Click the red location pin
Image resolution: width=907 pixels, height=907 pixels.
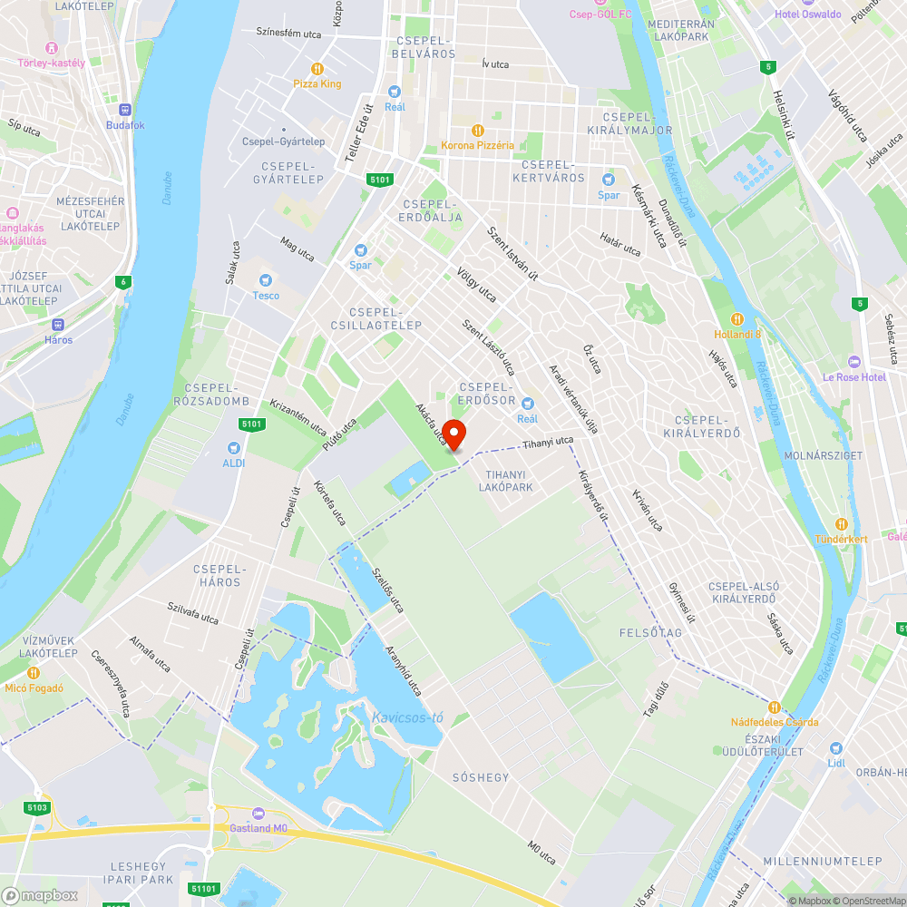[x=453, y=434]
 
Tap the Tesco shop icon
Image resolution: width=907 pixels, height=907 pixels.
[x=266, y=280]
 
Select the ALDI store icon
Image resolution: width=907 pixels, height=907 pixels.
[x=235, y=447]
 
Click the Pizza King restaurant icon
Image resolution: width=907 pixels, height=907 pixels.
[x=317, y=68]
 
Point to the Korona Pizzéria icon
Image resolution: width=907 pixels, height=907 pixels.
[x=478, y=130]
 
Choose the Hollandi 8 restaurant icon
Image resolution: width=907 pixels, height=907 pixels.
[x=737, y=318]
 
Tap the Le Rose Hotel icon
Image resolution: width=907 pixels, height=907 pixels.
[x=853, y=362]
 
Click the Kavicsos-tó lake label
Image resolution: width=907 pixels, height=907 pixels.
[x=407, y=718]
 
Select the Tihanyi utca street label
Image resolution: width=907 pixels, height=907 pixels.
[x=548, y=443]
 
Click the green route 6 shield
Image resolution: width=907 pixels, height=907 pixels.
[x=122, y=282]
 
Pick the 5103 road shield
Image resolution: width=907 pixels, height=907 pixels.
[x=38, y=806]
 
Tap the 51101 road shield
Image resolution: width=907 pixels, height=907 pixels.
[x=205, y=889]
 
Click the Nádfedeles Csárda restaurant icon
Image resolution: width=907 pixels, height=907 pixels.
[x=775, y=707]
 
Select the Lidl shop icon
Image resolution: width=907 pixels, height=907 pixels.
[x=835, y=748]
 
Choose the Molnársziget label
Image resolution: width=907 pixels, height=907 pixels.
[x=828, y=455]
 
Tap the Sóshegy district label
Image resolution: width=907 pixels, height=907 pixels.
[x=481, y=777]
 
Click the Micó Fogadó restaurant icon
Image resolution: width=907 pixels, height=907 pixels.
[x=34, y=672]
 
